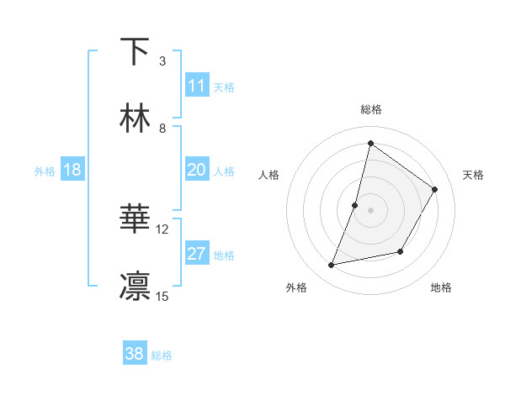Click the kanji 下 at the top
(x=135, y=52)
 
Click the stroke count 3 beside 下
(x=162, y=61)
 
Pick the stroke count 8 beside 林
(x=162, y=128)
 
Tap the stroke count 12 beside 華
(x=162, y=229)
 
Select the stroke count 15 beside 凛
(x=162, y=296)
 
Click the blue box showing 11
(x=197, y=86)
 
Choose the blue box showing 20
(x=197, y=170)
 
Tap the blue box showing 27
(x=197, y=254)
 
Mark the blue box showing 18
(x=72, y=170)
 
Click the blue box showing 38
(x=135, y=354)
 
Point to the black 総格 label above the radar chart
(x=370, y=110)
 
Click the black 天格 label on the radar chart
(x=473, y=175)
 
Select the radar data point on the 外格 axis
(x=332, y=266)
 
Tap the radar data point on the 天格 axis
(x=434, y=189)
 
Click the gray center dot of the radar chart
(x=370, y=210)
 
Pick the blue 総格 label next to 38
(x=162, y=355)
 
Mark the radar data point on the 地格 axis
(x=401, y=251)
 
